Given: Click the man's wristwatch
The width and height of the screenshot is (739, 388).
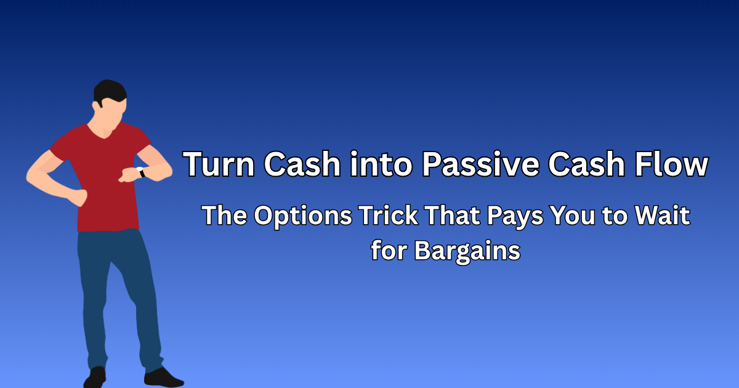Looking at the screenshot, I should pos(141,173).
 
